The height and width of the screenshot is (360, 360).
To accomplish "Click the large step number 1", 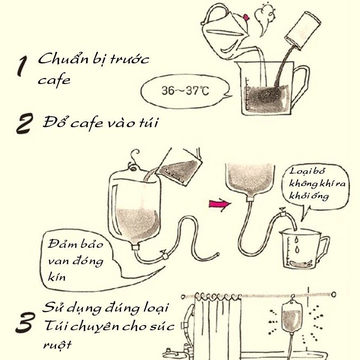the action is [x=23, y=66].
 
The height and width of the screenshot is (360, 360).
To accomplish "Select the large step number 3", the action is [x=25, y=322].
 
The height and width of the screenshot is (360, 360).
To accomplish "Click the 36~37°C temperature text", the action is [x=185, y=91].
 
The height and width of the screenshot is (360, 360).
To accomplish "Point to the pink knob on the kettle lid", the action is [x=246, y=17].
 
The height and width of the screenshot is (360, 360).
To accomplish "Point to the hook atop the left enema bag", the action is [x=134, y=158].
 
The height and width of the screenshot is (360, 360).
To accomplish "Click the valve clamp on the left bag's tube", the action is [x=165, y=255].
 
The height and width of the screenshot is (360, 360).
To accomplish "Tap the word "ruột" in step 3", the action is [x=58, y=345].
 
